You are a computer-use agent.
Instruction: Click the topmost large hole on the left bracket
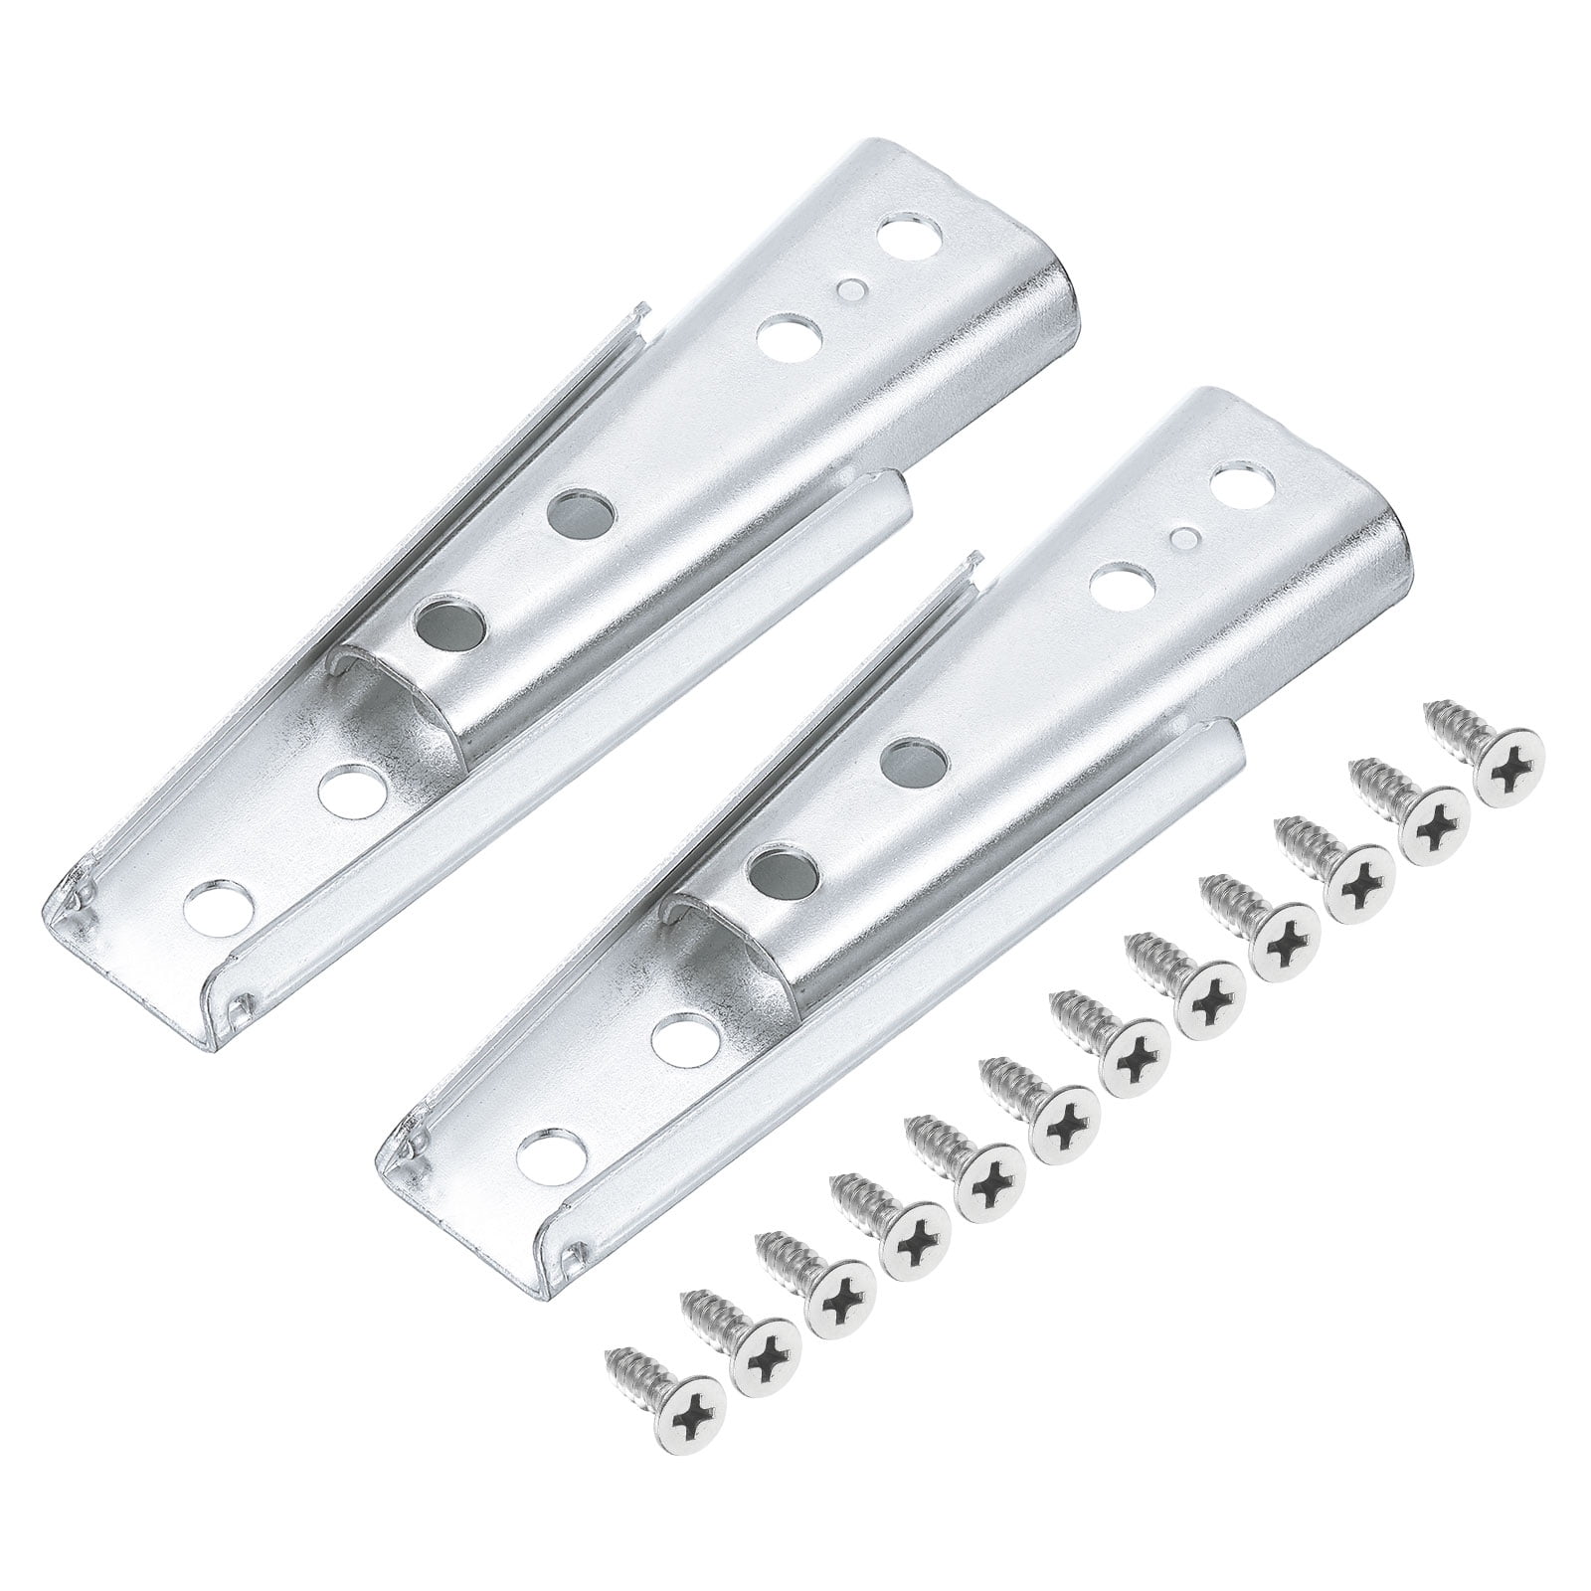tap(904, 241)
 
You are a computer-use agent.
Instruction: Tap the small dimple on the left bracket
tap(848, 289)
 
